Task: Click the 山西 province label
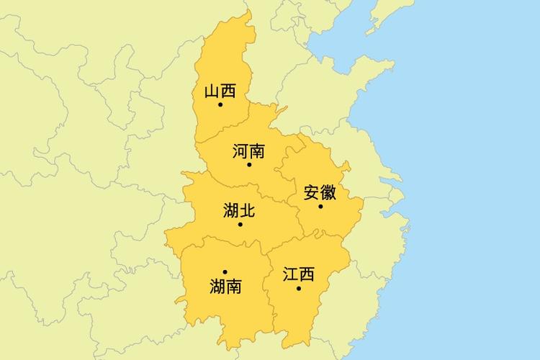pos(220,91)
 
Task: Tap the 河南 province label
pos(249,151)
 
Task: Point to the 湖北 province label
pos(240,210)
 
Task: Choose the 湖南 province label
pos(225,286)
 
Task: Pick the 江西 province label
pos(299,274)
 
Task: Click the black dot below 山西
pos(220,105)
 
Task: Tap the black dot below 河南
pos(249,165)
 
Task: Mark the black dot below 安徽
pos(321,207)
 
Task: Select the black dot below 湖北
pos(240,224)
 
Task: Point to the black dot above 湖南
pos(225,272)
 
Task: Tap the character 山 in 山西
pos(212,91)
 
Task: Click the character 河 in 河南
pos(240,151)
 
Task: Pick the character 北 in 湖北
pos(248,210)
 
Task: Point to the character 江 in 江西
pos(290,274)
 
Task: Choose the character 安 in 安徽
pos(312,193)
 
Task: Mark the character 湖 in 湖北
pos(231,210)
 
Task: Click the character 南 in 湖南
pos(234,286)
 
